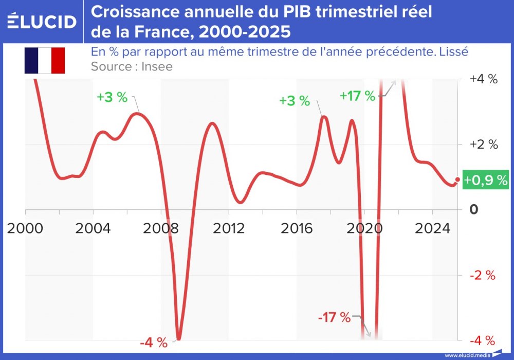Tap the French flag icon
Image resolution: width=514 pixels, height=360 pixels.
[44, 60]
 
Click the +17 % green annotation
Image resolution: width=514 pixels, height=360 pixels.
[358, 95]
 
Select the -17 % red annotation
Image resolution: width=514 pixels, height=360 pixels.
[334, 317]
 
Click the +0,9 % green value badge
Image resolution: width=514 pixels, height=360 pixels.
[486, 180]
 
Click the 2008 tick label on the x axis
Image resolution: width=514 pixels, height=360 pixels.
[161, 228]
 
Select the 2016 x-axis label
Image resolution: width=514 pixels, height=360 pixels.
[297, 228]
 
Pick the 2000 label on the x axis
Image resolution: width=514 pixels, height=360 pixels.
[25, 228]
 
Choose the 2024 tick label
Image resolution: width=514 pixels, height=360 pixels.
[432, 228]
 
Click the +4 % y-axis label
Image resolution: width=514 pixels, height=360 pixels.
[484, 79]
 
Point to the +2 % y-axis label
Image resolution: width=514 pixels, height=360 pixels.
[484, 145]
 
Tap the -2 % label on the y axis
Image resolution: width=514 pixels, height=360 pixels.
[483, 275]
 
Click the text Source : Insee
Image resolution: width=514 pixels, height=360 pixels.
[132, 66]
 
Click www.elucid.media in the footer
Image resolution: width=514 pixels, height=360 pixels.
[467, 355]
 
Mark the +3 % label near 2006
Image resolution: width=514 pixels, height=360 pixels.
[112, 97]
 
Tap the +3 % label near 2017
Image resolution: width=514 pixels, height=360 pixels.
[295, 101]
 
